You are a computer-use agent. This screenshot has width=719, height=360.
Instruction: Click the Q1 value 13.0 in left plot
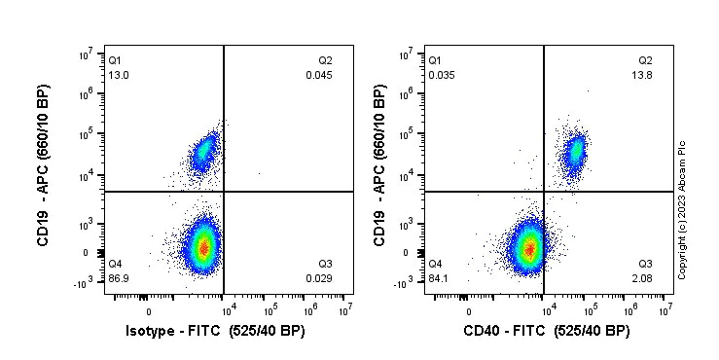click(x=117, y=75)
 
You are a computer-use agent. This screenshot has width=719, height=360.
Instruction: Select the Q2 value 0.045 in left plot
click(x=319, y=75)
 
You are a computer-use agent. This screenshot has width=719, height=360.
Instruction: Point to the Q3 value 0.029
click(x=319, y=279)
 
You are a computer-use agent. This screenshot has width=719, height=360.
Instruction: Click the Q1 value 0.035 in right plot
click(x=441, y=75)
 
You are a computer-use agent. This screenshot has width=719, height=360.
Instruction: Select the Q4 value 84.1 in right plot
click(x=438, y=279)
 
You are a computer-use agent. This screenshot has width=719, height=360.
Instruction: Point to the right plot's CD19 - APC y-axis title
click(x=380, y=166)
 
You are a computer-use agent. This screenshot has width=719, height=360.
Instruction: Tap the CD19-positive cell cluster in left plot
click(x=203, y=152)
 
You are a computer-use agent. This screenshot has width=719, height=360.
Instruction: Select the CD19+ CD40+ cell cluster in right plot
click(x=575, y=150)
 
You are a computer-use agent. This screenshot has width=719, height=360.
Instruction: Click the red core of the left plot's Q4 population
click(x=202, y=247)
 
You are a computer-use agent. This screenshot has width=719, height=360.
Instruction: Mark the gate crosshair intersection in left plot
click(x=225, y=192)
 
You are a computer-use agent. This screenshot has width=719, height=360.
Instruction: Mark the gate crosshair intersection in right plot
click(x=544, y=192)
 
